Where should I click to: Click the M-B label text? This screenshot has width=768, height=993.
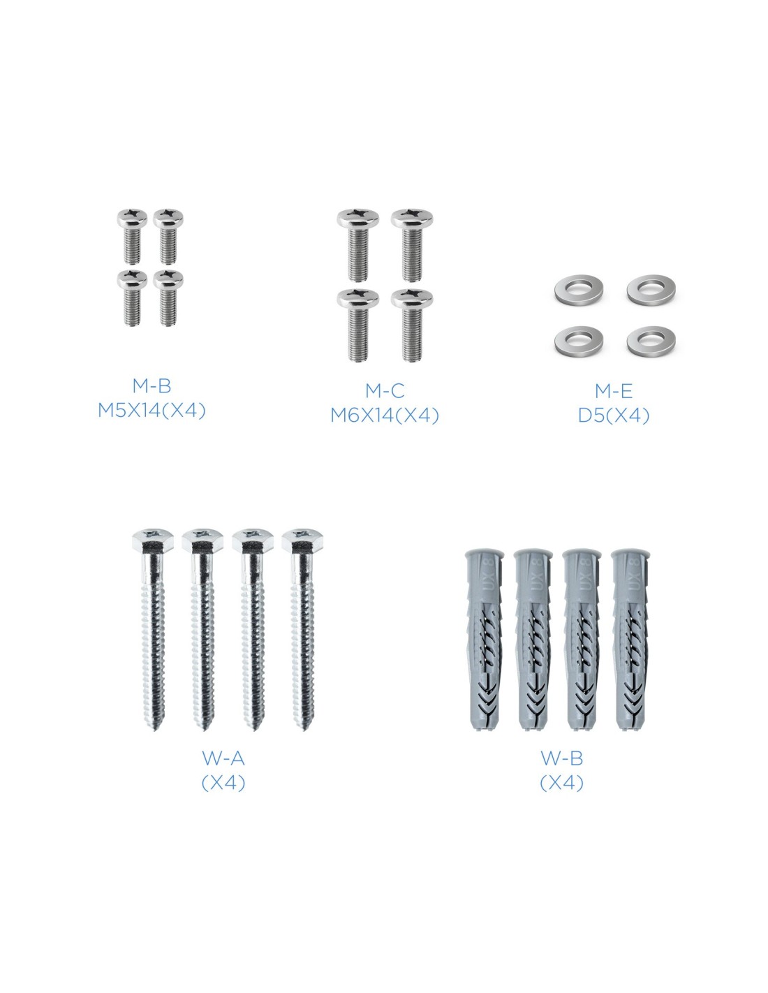[152, 386]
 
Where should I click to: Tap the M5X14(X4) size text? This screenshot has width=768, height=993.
[152, 411]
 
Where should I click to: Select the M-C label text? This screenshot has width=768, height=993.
[385, 391]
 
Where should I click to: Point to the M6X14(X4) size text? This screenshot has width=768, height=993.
[385, 415]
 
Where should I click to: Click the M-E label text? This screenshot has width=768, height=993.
[614, 391]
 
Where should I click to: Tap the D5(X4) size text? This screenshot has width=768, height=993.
[614, 415]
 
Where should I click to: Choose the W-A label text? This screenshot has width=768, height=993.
[223, 758]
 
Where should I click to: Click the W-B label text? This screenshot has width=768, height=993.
[562, 758]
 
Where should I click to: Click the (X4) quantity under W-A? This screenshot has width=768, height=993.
[223, 783]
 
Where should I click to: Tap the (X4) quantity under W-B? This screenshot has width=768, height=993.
[562, 783]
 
